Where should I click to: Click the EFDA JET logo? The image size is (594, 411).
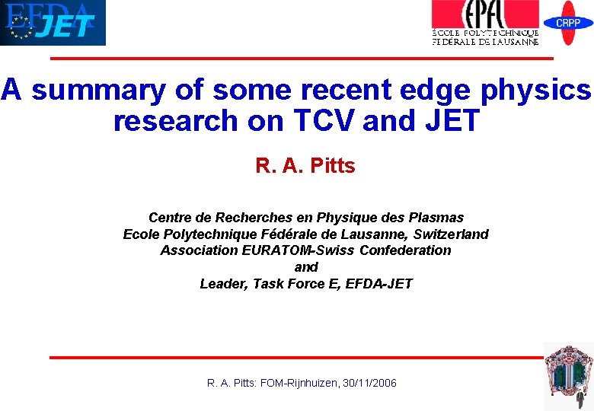coord(53,23)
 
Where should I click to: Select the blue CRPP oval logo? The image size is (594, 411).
coord(568,23)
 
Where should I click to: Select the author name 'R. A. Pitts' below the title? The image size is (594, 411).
coord(305,166)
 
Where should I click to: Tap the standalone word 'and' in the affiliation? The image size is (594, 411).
coord(305,267)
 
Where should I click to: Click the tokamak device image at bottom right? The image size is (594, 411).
coord(568,376)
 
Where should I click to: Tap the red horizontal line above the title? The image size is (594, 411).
coord(302,59)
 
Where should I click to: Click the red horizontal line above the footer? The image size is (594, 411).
coord(297,357)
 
